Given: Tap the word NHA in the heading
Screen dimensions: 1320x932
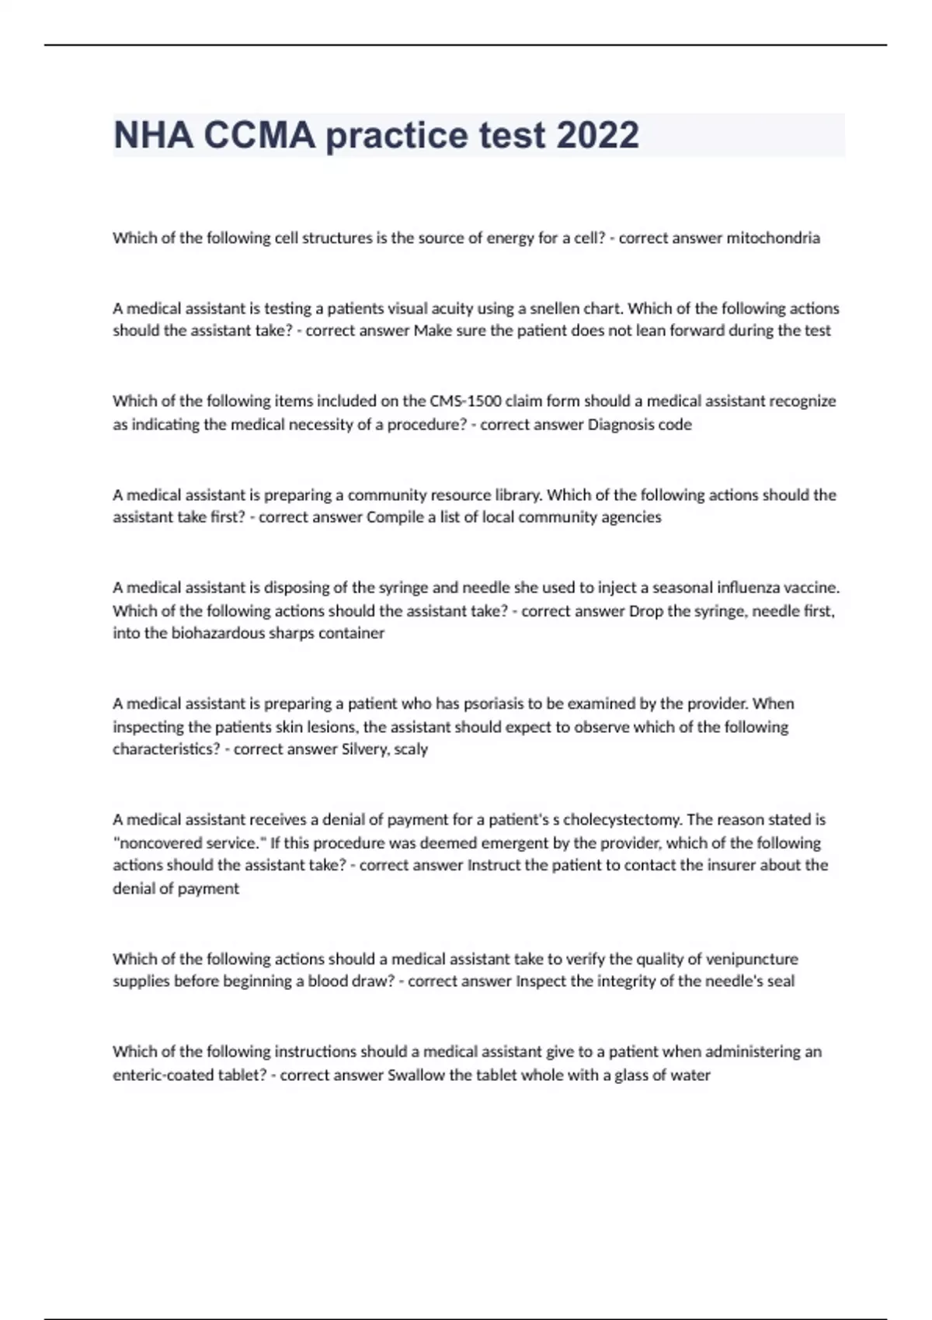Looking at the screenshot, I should pyautogui.click(x=153, y=135).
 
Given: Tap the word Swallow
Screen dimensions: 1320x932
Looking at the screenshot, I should pyautogui.click(x=416, y=1075).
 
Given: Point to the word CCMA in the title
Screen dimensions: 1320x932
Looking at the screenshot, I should pyautogui.click(x=259, y=135).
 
